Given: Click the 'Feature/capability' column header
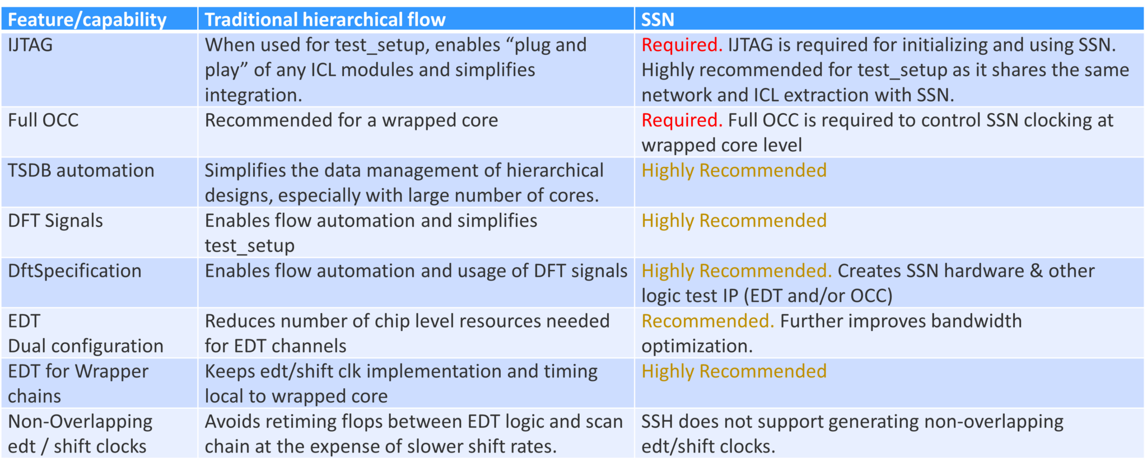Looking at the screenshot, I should coord(87,20).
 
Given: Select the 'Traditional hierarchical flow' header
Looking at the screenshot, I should coord(325,20).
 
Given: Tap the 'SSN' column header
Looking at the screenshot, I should coord(658,20).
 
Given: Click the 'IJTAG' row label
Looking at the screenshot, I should coord(30,45).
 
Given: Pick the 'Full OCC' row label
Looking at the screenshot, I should coord(43,120).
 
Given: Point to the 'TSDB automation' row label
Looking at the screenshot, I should coord(81,170).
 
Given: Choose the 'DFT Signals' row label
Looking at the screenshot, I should coord(55,221).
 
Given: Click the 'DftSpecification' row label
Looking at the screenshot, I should coord(74,271).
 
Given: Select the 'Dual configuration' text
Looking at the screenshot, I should coord(86,346).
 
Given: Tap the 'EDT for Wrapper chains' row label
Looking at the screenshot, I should coord(78,384).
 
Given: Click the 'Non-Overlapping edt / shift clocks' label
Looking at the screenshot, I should coord(80,434).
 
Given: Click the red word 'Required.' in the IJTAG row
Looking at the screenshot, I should coord(682,45).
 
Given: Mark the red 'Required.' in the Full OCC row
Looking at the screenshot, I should coord(682,120).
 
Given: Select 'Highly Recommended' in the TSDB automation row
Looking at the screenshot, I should coord(734,170).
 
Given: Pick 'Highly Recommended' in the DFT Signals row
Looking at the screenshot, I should coord(734,221).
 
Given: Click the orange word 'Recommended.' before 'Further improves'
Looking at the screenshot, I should coord(707,321).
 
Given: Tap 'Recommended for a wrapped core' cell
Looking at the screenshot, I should coord(351,120).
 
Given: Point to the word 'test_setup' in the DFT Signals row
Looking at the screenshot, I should coord(249,246).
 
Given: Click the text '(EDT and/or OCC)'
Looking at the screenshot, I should coord(818,296).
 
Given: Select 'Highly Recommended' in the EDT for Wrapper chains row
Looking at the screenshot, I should coord(734,371).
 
